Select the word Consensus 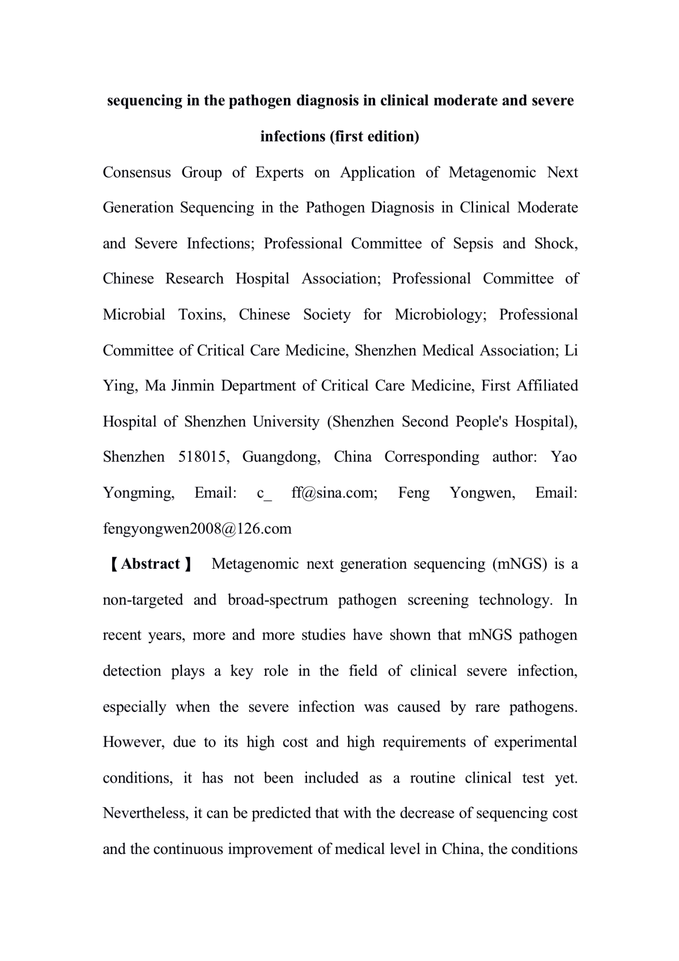137,173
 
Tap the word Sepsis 473,243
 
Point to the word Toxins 202,315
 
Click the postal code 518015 204,457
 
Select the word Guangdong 281,457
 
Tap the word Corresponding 431,457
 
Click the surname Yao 564,457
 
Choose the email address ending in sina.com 334,493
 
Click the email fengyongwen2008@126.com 197,529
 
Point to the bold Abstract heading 150,564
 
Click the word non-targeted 143,600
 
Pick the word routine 432,778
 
